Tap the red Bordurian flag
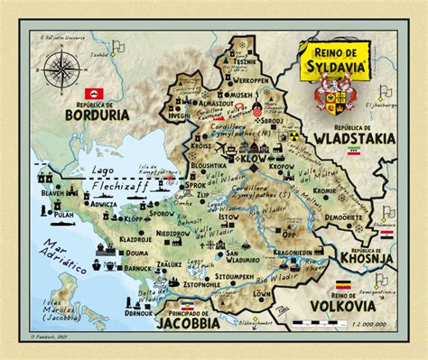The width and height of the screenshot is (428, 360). tap(90, 93)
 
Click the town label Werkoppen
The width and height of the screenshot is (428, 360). tap(251, 78)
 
